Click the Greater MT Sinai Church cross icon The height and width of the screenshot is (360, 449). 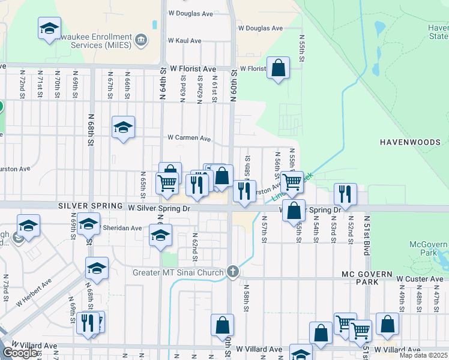point(234,272)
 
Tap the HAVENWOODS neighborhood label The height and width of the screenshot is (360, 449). point(414,142)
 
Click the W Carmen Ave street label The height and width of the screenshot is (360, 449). point(189,138)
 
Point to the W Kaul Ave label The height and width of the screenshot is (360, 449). point(184,41)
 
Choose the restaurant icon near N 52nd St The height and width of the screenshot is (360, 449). point(345,194)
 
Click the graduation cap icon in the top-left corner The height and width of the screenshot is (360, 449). point(49,28)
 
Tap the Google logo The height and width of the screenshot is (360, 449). point(20,353)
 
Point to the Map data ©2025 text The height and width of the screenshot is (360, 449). point(424,355)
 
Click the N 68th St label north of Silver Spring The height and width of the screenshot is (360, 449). point(91,130)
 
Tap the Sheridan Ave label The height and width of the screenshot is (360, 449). point(123,228)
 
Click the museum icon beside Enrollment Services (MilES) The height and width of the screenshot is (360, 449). point(140,41)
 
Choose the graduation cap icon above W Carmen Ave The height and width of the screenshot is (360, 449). point(123,127)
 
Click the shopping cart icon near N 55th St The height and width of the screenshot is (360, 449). point(292,181)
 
